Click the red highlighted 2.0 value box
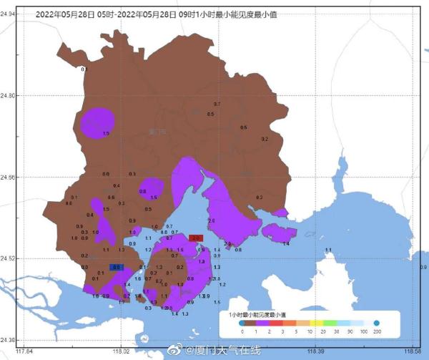(197, 238)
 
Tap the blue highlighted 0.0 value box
(117, 267)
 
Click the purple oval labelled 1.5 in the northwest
(97, 122)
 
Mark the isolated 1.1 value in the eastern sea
(329, 250)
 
